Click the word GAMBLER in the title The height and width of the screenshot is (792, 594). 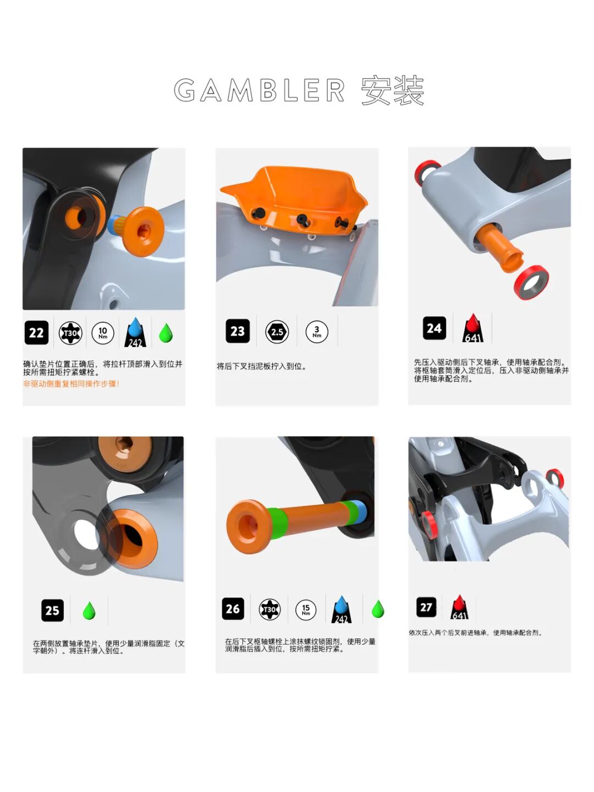pyautogui.click(x=259, y=91)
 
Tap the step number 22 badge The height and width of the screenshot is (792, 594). pyautogui.click(x=36, y=333)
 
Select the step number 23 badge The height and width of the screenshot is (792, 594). pyautogui.click(x=238, y=331)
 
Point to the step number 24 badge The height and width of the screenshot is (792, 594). pyautogui.click(x=434, y=328)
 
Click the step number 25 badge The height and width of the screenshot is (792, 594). pyautogui.click(x=52, y=610)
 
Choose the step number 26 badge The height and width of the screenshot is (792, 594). pyautogui.click(x=233, y=609)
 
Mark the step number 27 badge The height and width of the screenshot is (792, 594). pyautogui.click(x=426, y=607)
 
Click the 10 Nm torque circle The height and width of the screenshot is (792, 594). pyautogui.click(x=103, y=333)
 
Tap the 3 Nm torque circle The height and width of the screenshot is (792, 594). pyautogui.click(x=317, y=332)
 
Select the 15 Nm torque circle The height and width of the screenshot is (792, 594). pyautogui.click(x=306, y=609)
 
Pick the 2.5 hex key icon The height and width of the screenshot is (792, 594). pyautogui.click(x=277, y=332)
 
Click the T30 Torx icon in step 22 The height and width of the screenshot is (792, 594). pyautogui.click(x=70, y=333)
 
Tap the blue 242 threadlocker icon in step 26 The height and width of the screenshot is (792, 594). pyautogui.click(x=342, y=610)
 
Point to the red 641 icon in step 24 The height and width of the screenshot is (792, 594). pyautogui.click(x=473, y=329)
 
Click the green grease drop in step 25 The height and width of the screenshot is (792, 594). pyautogui.click(x=89, y=610)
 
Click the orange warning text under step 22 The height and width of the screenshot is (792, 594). pyautogui.click(x=71, y=384)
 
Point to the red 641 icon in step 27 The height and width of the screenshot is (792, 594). pyautogui.click(x=459, y=608)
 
